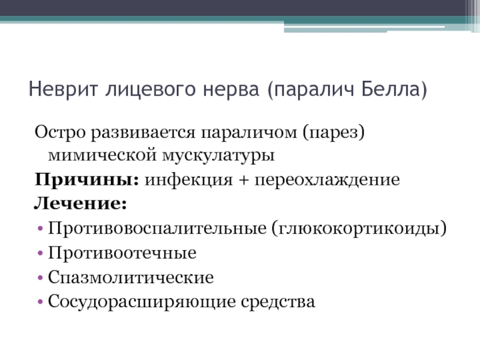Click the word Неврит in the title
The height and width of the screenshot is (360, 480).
(64, 89)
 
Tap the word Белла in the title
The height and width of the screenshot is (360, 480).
(394, 89)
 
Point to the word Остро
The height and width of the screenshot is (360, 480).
(60, 133)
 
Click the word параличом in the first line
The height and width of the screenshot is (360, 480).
(249, 133)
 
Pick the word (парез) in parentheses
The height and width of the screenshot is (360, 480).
(334, 133)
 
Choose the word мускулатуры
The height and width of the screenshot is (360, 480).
(218, 155)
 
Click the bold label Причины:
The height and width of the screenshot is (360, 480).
(87, 179)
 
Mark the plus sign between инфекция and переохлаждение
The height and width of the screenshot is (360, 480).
(244, 180)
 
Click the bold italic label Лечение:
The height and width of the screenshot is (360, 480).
(80, 203)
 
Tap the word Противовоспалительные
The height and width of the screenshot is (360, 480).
(157, 229)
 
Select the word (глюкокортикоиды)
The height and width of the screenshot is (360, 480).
(359, 229)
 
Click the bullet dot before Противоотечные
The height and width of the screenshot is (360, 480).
(40, 253)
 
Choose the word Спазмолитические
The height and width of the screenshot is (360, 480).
(131, 277)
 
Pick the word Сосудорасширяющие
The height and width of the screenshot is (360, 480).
(142, 302)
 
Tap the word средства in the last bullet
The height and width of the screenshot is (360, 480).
(278, 302)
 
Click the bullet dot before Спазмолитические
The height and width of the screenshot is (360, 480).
(40, 278)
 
